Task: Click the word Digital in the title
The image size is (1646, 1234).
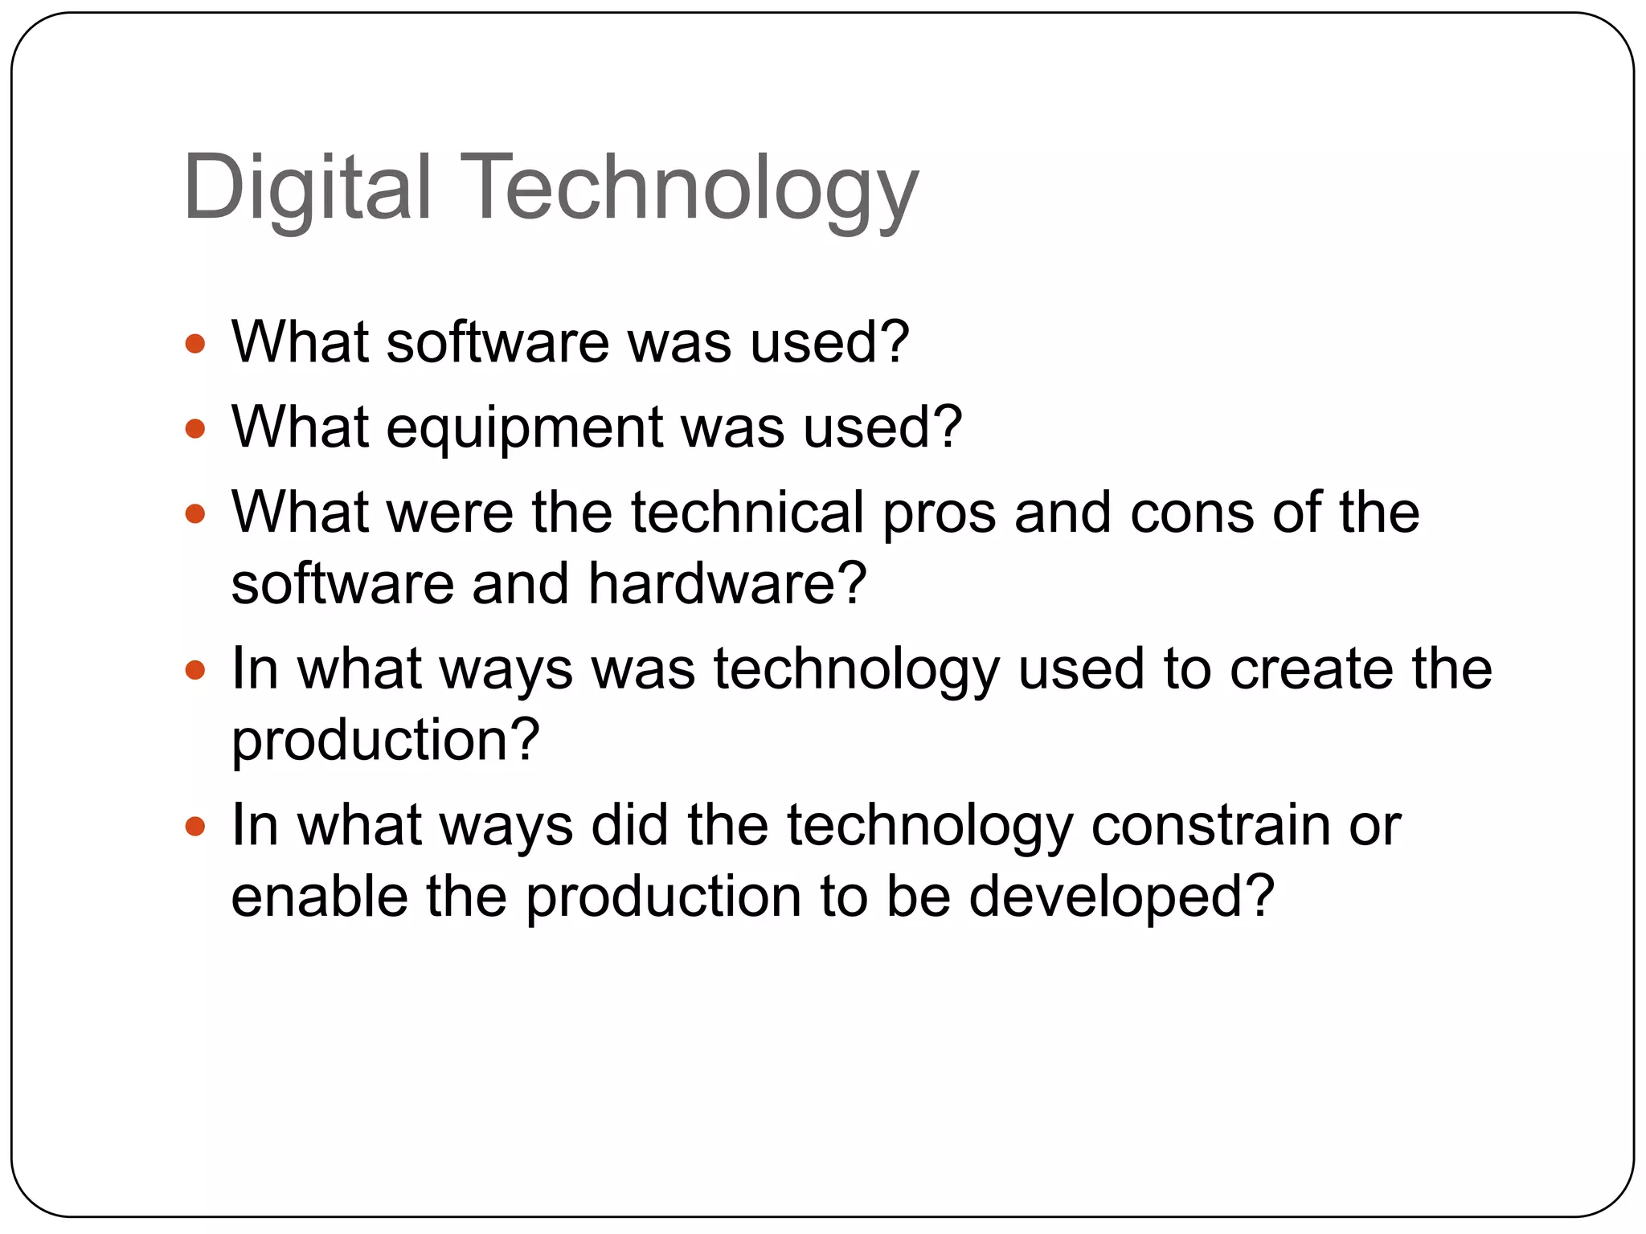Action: point(308,188)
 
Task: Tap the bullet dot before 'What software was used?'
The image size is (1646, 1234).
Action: point(194,345)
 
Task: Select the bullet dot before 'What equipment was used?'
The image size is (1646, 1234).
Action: point(194,429)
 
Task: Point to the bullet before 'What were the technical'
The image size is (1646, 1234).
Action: point(194,514)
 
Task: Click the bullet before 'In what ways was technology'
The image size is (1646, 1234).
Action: point(194,670)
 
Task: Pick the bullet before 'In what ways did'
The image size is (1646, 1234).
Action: point(194,827)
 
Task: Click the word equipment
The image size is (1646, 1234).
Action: point(524,429)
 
